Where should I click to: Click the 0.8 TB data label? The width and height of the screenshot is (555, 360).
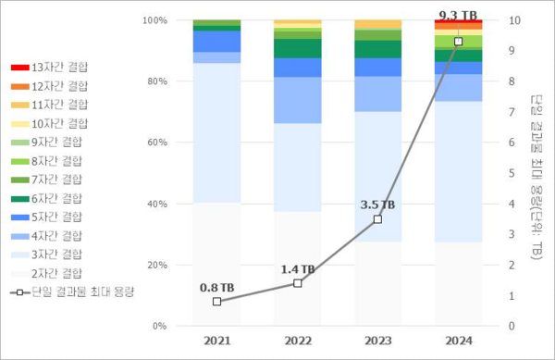tap(216, 288)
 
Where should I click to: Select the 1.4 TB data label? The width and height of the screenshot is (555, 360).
tap(297, 269)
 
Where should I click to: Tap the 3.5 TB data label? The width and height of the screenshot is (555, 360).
tap(377, 205)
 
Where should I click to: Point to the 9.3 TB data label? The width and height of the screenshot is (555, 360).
tap(458, 15)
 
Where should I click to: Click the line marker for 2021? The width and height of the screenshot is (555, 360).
tap(216, 302)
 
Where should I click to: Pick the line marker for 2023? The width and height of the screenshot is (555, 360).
tap(377, 219)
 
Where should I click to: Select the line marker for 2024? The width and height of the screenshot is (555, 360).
tap(458, 42)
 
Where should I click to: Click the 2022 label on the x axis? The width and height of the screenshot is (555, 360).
tap(297, 341)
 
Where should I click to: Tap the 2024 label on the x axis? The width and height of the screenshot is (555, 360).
tap(458, 341)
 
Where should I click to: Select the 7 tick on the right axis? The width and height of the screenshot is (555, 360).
tap(514, 112)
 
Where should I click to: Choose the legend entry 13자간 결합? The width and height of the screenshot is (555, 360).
tap(61, 68)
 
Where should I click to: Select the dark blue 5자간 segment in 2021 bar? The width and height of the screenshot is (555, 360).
tap(216, 41)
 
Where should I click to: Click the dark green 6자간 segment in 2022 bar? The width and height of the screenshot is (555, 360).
tap(297, 48)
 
